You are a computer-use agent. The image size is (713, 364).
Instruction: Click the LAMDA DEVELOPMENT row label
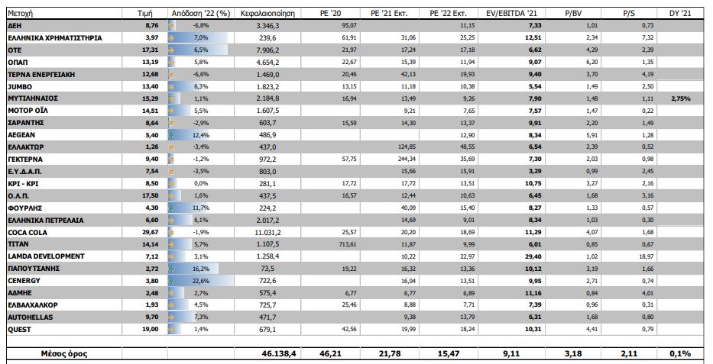click(45, 256)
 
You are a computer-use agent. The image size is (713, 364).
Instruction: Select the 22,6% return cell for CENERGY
click(201, 281)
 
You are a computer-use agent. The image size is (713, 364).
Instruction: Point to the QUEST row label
click(19, 330)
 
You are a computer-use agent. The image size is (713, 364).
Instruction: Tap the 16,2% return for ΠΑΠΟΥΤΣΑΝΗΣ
click(201, 269)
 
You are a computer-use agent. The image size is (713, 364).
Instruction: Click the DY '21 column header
click(679, 14)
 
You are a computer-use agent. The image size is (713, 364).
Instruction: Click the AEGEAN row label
click(21, 135)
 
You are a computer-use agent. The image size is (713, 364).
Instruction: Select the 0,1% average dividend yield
click(680, 353)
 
